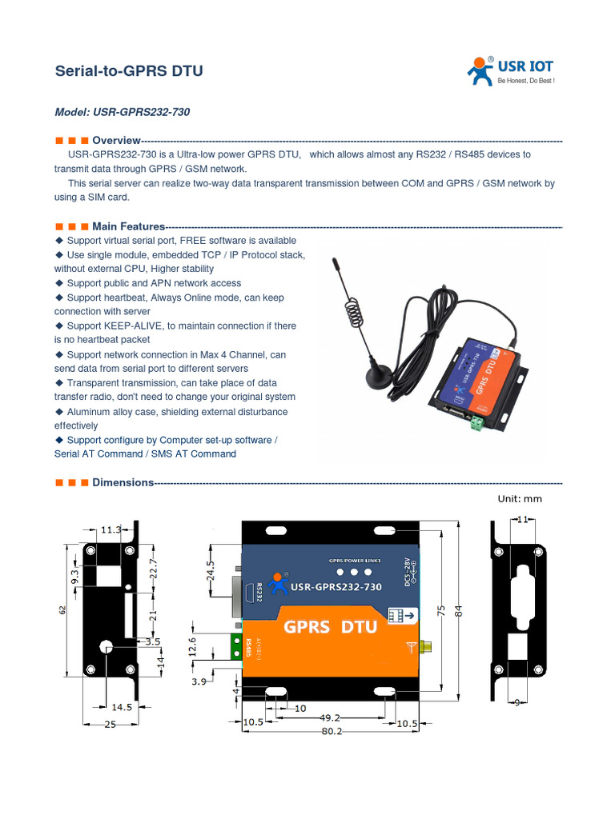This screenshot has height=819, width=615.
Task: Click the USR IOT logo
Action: point(511,71)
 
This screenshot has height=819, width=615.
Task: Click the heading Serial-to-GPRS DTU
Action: point(128,71)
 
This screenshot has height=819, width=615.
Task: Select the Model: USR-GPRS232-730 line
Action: point(122,113)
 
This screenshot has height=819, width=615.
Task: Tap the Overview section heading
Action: point(116,141)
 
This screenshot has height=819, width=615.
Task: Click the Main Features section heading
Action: point(128,226)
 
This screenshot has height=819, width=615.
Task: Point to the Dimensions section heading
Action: point(123,482)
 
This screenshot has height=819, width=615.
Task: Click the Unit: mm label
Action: point(520,499)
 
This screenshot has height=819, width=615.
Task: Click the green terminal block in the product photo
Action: point(478,421)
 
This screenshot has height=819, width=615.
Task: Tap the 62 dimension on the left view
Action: point(62,610)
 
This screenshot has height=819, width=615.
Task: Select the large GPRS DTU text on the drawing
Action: point(331,626)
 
